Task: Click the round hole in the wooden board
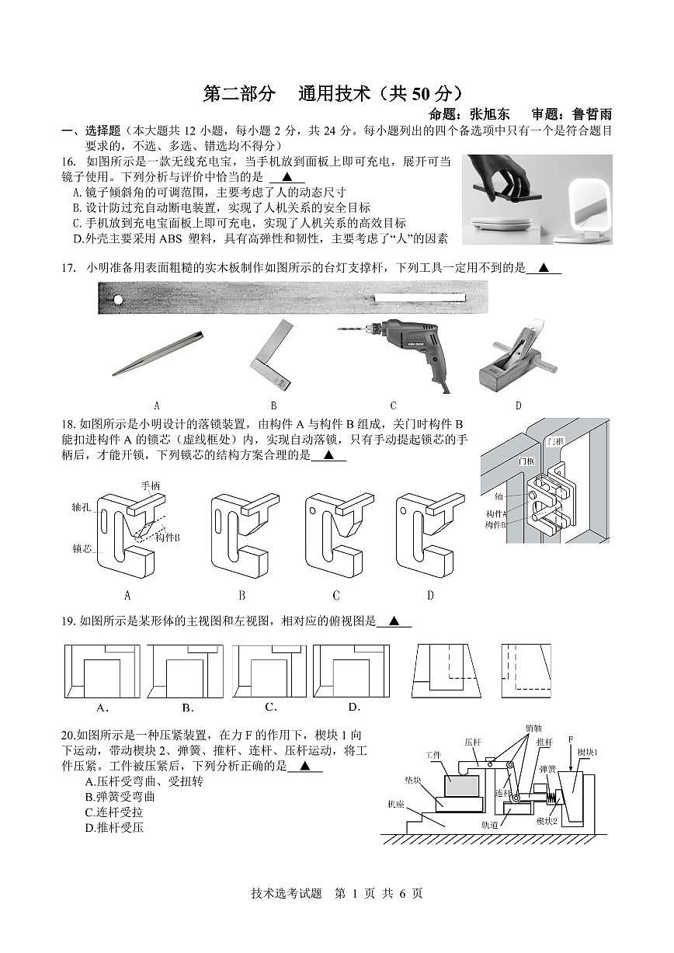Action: point(117,299)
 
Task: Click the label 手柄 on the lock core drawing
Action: point(151,486)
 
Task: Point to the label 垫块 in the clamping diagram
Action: point(412,779)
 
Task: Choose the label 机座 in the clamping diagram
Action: point(396,805)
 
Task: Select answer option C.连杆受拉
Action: point(114,812)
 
